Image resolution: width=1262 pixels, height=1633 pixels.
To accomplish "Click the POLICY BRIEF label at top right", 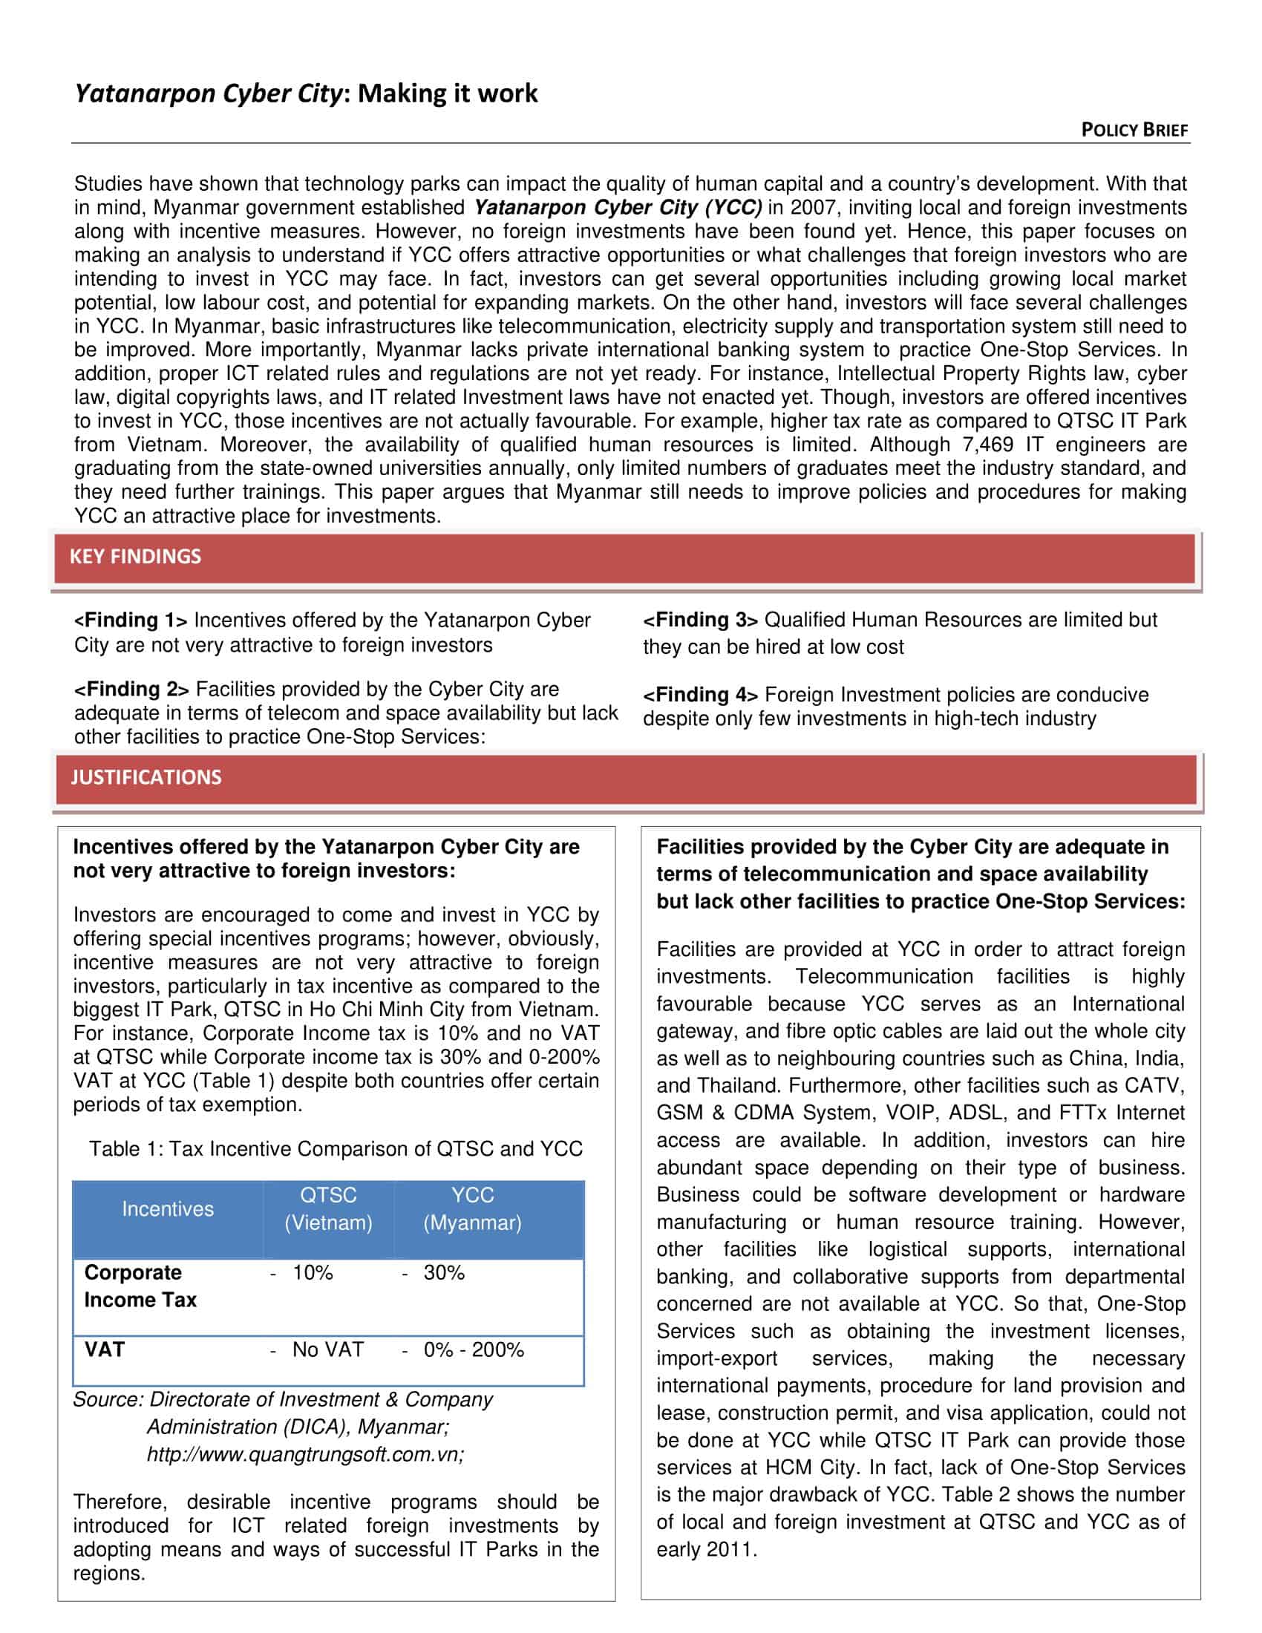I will click(1134, 130).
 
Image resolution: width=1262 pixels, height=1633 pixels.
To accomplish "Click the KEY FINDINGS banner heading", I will click(135, 556).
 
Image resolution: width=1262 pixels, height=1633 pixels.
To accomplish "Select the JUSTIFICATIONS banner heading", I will click(146, 777).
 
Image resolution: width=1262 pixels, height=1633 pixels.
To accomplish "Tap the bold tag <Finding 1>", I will click(131, 621).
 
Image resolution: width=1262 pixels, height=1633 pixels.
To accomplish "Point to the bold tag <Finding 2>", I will click(131, 690).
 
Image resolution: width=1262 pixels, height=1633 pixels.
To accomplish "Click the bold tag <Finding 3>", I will click(701, 620).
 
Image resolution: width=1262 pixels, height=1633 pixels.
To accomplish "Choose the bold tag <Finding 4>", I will click(701, 695).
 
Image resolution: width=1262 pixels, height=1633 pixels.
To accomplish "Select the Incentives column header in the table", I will click(168, 1209).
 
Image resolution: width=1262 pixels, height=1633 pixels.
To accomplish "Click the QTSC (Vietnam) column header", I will click(328, 1209).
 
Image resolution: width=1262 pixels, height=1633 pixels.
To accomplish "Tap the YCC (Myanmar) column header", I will click(472, 1209).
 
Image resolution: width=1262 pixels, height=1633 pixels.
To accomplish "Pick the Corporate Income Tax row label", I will click(140, 1286).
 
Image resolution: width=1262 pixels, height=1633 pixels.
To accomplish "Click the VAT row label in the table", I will click(105, 1349).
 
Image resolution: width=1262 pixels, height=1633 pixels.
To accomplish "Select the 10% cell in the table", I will click(313, 1272).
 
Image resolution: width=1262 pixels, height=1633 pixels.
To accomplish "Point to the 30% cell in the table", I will click(444, 1272).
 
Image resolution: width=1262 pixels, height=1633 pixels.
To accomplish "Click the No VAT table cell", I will click(327, 1349).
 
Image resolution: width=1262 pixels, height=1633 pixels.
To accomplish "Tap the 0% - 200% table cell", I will click(474, 1349).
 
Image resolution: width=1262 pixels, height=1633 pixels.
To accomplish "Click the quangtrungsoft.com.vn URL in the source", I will click(305, 1455).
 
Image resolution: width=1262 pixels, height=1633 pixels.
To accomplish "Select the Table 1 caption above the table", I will click(336, 1148).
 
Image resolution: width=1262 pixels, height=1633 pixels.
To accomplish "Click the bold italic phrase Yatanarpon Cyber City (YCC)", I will click(618, 208).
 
